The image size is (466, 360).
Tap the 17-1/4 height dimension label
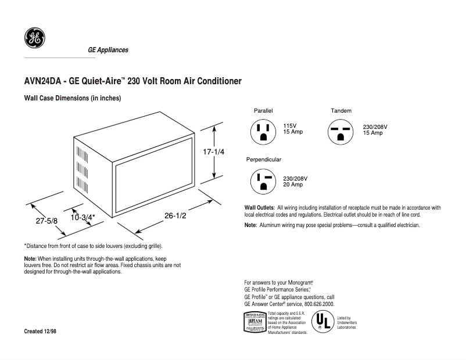coord(213,152)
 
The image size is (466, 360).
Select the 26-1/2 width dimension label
coord(174,215)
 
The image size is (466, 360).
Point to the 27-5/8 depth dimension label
coord(46,221)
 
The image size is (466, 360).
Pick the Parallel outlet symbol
coord(263,132)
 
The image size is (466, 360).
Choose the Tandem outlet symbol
coord(340,132)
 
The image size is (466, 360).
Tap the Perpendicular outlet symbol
coord(263,182)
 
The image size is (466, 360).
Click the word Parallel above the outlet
coord(263,110)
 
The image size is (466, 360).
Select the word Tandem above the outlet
coord(341,110)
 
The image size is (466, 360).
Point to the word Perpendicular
coord(264,159)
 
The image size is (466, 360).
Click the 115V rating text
coord(290,126)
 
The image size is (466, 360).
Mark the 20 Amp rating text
coord(293,185)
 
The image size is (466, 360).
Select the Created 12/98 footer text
coord(40,331)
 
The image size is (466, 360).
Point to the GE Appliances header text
coord(107,50)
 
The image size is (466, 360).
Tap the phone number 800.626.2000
coord(316,304)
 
